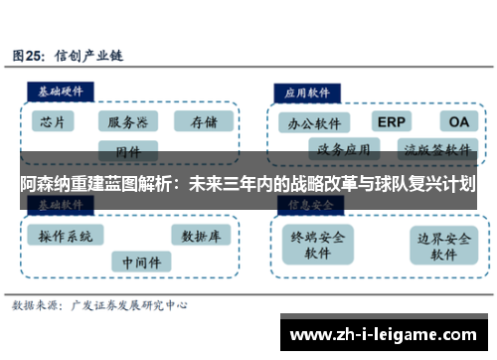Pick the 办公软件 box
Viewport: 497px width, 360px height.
click(x=314, y=125)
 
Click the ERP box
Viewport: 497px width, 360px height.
click(x=393, y=122)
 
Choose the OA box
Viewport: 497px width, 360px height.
click(x=457, y=122)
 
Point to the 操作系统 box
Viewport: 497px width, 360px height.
click(x=66, y=236)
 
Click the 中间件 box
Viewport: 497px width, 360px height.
click(x=140, y=262)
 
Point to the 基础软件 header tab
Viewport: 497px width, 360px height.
click(x=60, y=204)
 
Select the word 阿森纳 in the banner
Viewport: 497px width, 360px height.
click(x=45, y=184)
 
